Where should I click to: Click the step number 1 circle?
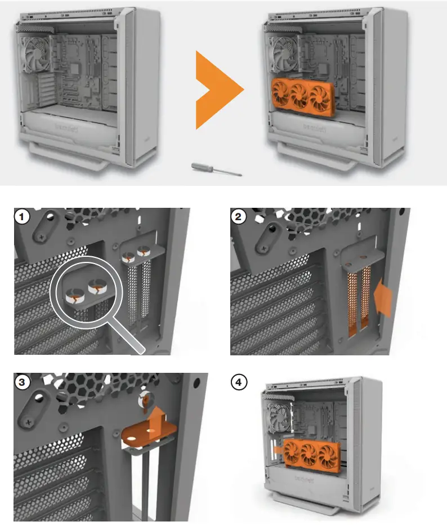(22, 216)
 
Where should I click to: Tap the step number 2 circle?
(239, 216)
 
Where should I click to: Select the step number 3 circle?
(22, 382)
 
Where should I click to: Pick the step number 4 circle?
(239, 382)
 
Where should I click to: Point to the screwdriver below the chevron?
(216, 170)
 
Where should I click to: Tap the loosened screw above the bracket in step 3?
(146, 399)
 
